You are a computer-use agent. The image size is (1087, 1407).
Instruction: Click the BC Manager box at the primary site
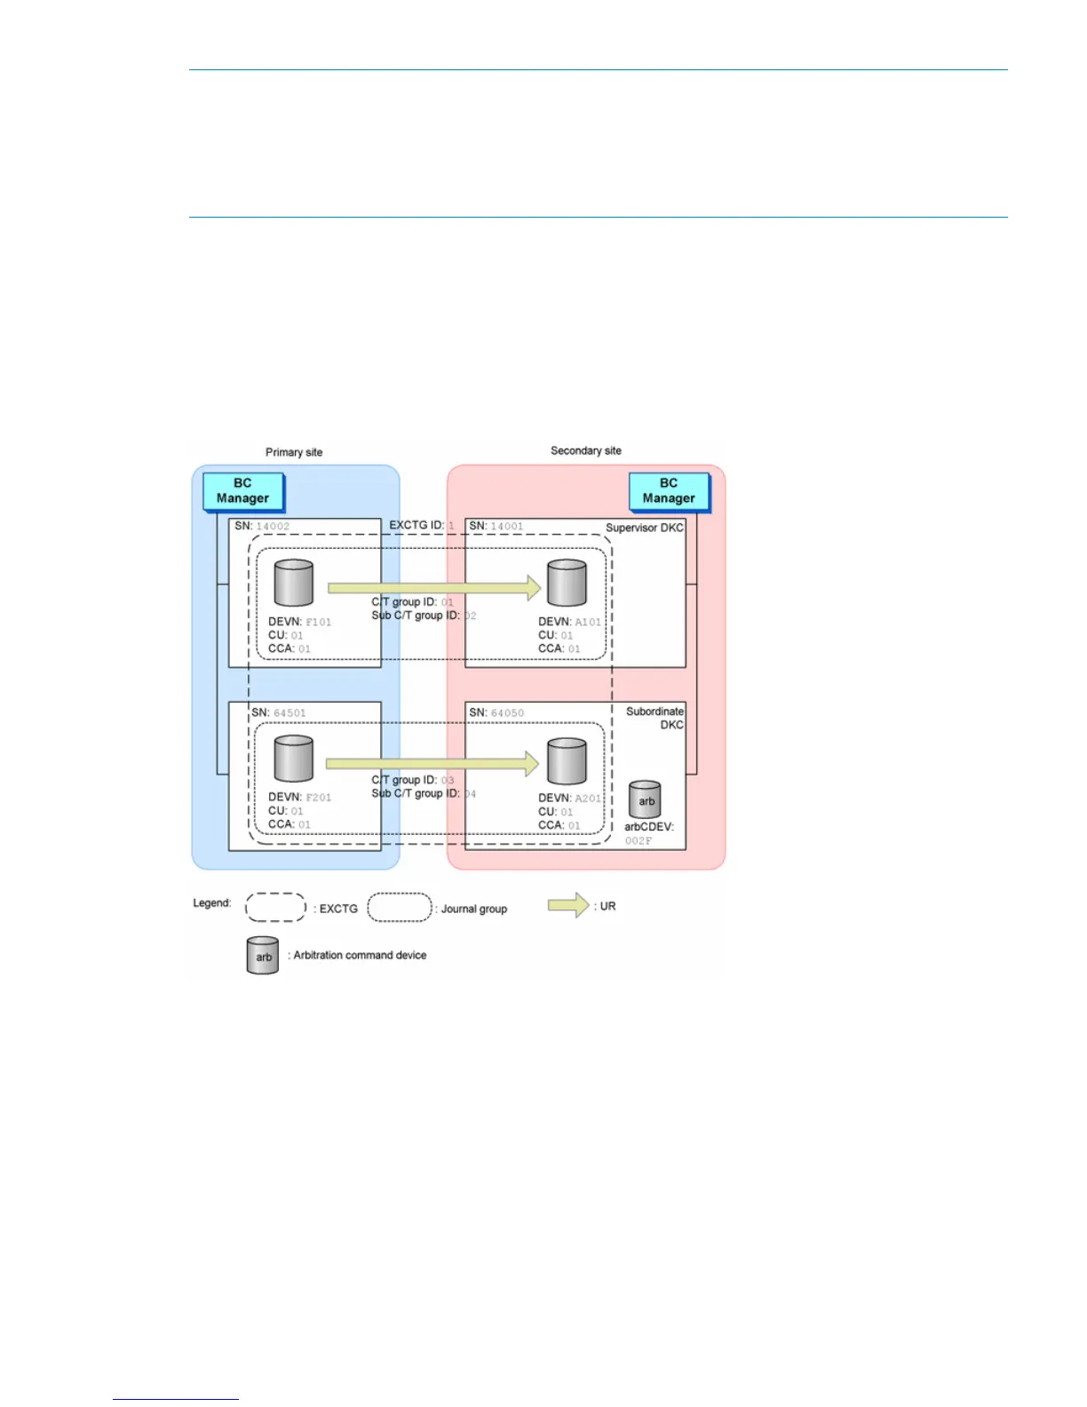(x=242, y=491)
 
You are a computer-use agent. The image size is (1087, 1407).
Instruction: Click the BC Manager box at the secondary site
(x=669, y=491)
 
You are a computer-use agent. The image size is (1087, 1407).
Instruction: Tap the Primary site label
(x=294, y=452)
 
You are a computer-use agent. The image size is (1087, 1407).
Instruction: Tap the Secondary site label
(x=586, y=450)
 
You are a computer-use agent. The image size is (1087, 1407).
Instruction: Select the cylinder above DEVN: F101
(x=294, y=583)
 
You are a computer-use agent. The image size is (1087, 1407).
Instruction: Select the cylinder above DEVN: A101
(x=567, y=583)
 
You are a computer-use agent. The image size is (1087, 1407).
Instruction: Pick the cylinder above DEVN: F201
(x=294, y=759)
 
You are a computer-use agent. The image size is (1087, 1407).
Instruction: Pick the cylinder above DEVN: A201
(x=567, y=760)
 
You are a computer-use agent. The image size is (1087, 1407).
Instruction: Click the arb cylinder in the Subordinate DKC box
(x=646, y=799)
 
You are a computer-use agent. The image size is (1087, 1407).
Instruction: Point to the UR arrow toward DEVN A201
(x=432, y=763)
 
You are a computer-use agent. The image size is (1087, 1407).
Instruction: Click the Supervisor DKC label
(x=645, y=528)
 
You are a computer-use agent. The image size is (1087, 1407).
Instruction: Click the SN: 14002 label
(x=262, y=526)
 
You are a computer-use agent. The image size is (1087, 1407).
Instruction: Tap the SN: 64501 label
(x=278, y=712)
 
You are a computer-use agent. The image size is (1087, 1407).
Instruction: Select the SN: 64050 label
(x=496, y=712)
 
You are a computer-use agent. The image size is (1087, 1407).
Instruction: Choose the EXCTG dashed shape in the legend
(x=275, y=907)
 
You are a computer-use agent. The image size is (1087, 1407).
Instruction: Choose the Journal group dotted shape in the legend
(x=400, y=907)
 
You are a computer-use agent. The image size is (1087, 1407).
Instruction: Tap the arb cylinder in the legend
(x=263, y=956)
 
